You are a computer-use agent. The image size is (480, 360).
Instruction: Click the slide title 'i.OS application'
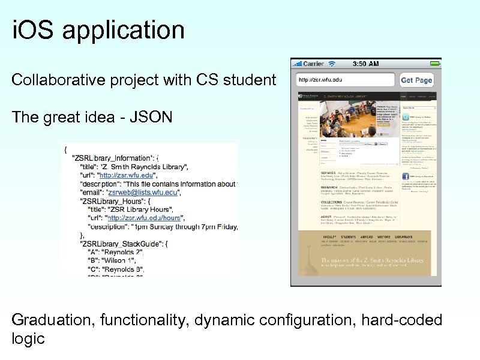(x=98, y=30)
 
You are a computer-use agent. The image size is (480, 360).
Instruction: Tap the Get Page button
(x=416, y=80)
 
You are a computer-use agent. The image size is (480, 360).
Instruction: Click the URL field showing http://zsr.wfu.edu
(x=345, y=80)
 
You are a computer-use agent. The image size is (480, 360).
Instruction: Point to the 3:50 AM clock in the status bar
(x=365, y=63)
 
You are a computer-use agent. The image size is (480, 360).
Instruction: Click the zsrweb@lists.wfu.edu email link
(x=142, y=192)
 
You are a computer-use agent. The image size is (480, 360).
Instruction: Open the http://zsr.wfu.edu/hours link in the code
(x=144, y=218)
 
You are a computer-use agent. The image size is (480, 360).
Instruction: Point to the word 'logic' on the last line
(x=28, y=339)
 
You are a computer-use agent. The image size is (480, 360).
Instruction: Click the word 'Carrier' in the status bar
(x=313, y=63)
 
